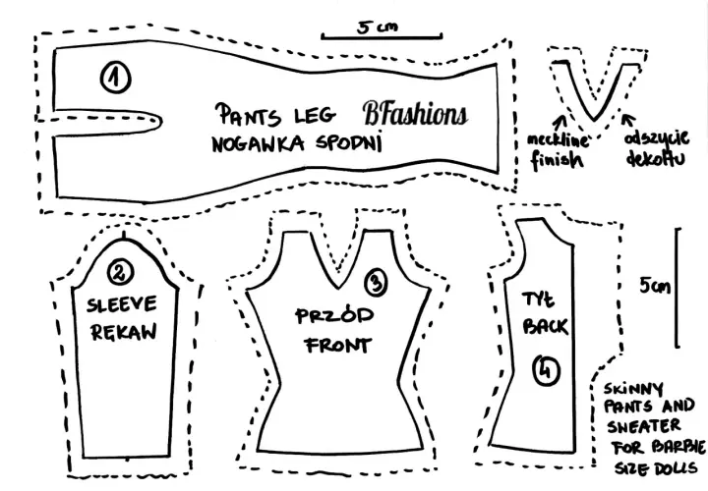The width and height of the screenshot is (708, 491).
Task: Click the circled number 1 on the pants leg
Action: pos(116,78)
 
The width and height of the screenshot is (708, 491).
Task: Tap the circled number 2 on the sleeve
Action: pos(121,272)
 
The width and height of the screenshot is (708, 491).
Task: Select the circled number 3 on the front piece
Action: pos(376,283)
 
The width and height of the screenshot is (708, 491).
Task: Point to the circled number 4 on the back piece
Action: pos(546,370)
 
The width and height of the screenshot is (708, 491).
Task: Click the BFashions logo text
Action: pos(415,113)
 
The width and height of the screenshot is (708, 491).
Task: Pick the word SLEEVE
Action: pos(122,304)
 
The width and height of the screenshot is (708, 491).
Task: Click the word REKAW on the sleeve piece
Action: pos(123,332)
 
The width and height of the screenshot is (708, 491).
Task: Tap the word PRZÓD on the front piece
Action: pos(334,315)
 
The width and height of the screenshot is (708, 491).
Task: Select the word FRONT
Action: pos(338,346)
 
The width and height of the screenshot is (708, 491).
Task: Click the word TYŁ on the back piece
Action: pos(538,300)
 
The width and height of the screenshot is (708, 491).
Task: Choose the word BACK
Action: pos(545,326)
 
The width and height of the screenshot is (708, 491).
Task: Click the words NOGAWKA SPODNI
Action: pos(297,143)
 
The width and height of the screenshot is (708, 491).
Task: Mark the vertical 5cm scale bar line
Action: pos(677,288)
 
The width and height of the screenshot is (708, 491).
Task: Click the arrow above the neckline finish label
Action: pos(560,123)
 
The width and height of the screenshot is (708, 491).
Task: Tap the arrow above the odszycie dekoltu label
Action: pos(628,121)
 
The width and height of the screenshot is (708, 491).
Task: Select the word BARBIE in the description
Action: pos(678,447)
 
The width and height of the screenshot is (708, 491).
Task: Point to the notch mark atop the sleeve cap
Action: pos(124,236)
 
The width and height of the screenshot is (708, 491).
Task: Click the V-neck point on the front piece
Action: pos(337,287)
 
